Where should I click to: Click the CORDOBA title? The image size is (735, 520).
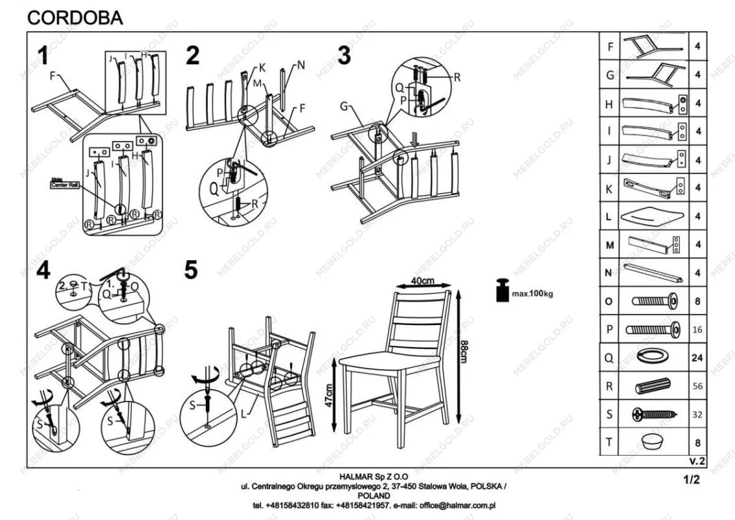click(x=75, y=18)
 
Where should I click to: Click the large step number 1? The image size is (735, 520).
click(x=43, y=57)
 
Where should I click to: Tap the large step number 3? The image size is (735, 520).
click(x=344, y=57)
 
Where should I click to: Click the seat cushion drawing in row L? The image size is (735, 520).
click(x=653, y=216)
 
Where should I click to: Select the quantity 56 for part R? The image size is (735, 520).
click(x=697, y=385)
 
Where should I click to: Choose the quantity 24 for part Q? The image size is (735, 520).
click(x=697, y=357)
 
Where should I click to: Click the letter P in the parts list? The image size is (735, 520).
click(x=608, y=330)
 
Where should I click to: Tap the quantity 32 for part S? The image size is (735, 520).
click(x=697, y=414)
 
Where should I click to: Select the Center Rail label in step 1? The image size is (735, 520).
click(x=64, y=185)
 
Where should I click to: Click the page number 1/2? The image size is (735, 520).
click(x=691, y=481)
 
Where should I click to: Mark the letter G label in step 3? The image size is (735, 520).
click(x=345, y=106)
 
